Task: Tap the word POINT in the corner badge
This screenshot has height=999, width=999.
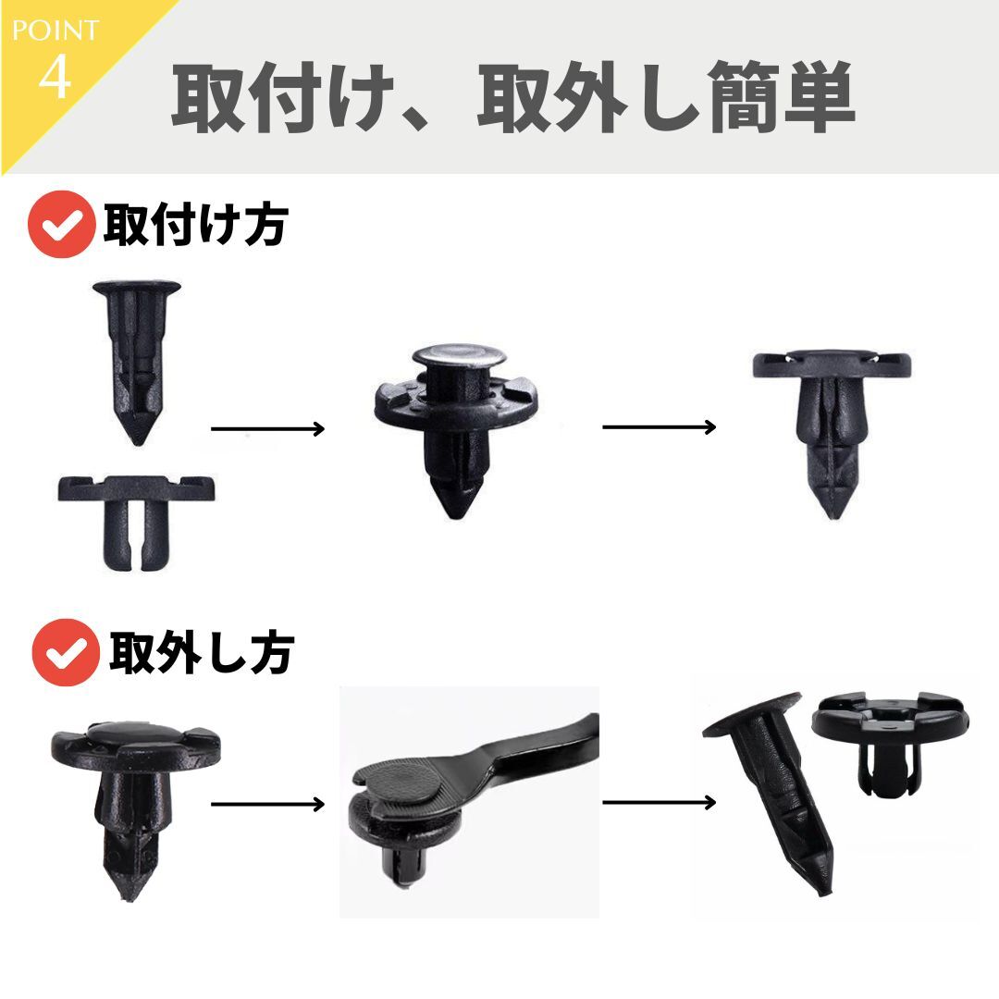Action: pos(55,30)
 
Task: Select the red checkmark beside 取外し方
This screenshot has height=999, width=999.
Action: pos(65,652)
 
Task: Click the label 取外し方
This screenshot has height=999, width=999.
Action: pos(201,652)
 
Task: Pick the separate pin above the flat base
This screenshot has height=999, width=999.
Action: pos(136,356)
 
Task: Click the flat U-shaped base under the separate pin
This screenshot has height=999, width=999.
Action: pos(135,513)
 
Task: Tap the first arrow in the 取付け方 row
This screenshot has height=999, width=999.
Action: pos(267,428)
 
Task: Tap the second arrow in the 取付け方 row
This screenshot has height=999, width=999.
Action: pos(659,426)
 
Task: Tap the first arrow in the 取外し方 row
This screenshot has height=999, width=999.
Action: pos(267,803)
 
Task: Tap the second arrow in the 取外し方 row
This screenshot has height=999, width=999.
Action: pos(659,802)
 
